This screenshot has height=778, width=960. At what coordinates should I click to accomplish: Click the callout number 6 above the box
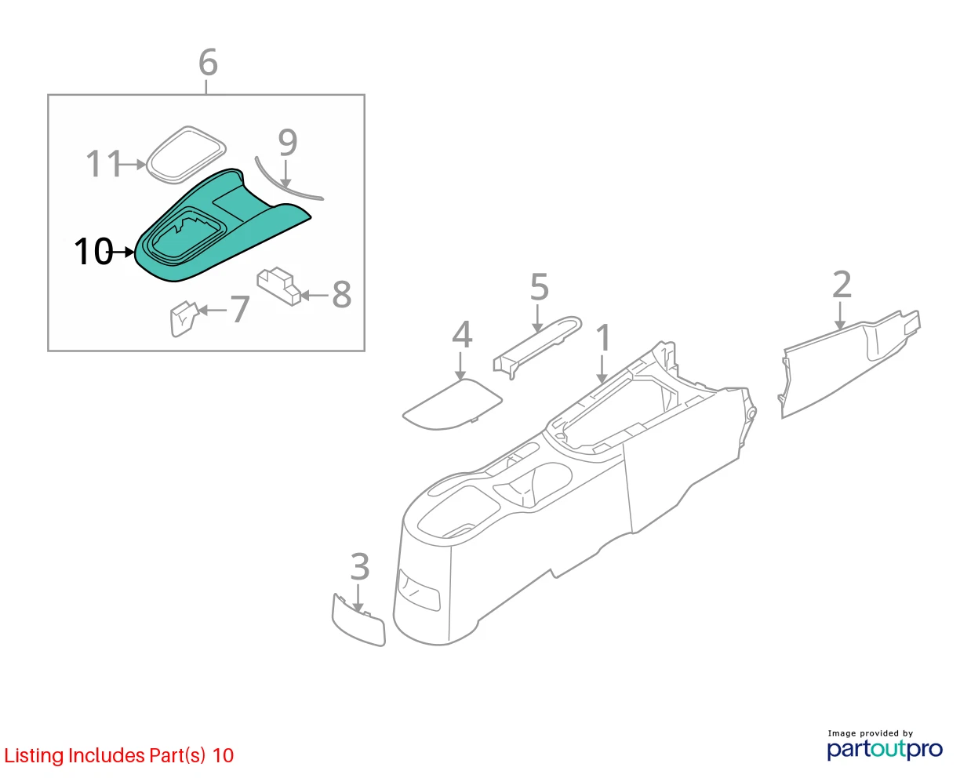click(x=208, y=62)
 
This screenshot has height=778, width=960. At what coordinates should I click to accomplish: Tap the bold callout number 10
click(x=94, y=251)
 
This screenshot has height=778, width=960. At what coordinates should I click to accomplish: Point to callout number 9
click(x=288, y=143)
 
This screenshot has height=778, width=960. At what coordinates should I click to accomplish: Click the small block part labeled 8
click(x=279, y=286)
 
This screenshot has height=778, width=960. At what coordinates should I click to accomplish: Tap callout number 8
click(x=342, y=294)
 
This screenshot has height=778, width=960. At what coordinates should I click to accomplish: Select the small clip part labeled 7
click(x=184, y=318)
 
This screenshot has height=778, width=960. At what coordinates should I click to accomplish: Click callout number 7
click(x=240, y=309)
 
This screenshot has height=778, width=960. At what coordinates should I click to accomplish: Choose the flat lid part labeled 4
click(x=452, y=404)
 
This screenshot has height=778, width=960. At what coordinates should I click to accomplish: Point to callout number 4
click(x=462, y=334)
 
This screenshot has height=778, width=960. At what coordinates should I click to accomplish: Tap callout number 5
click(x=539, y=287)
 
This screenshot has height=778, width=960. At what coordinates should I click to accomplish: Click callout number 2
click(x=842, y=285)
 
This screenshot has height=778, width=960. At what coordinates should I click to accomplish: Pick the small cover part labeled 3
click(x=358, y=620)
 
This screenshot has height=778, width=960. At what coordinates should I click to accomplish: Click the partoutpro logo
click(x=884, y=749)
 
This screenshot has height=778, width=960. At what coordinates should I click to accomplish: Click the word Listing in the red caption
click(x=35, y=756)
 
